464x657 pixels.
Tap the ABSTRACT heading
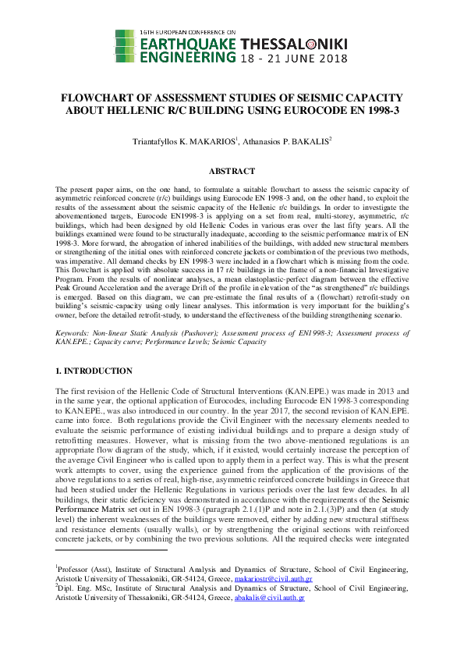click(x=232, y=171)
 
